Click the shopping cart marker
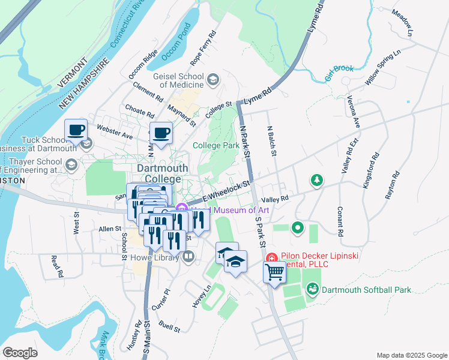tap(274, 272)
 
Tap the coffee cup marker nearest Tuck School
tap(76, 130)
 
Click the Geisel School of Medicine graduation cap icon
tap(212, 79)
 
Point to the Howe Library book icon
tap(188, 257)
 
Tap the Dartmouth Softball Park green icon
tap(312, 290)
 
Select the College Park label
tap(215, 145)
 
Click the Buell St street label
tap(170, 326)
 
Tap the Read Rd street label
tap(56, 267)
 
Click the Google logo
tap(20, 352)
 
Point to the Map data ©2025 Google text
tap(411, 355)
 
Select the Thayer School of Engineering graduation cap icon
tap(72, 166)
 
